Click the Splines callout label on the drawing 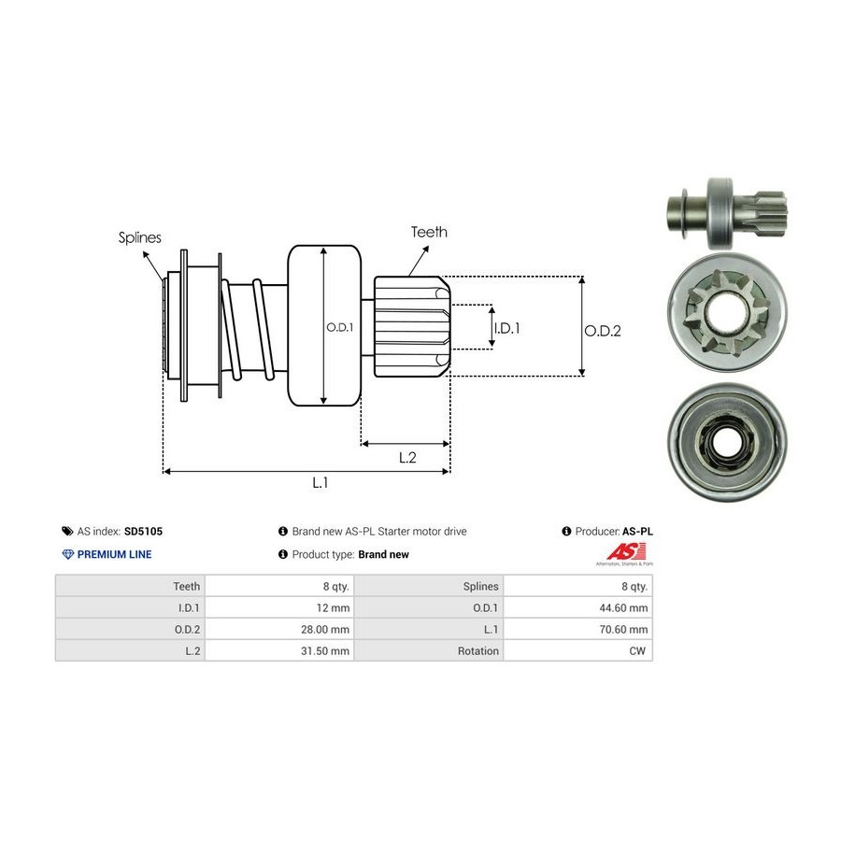tap(139, 237)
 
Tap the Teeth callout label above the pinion tap(429, 232)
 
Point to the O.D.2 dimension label tap(603, 330)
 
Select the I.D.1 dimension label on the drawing tap(506, 328)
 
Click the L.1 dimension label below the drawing tap(320, 483)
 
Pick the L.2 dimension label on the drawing tap(406, 457)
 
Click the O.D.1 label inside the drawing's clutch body tap(338, 327)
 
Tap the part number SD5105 tap(144, 531)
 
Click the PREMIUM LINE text tap(114, 554)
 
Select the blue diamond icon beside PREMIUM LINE tap(67, 554)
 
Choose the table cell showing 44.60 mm tap(625, 607)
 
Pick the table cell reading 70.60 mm tap(625, 629)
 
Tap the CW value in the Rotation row tap(639, 650)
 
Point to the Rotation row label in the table tap(478, 650)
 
